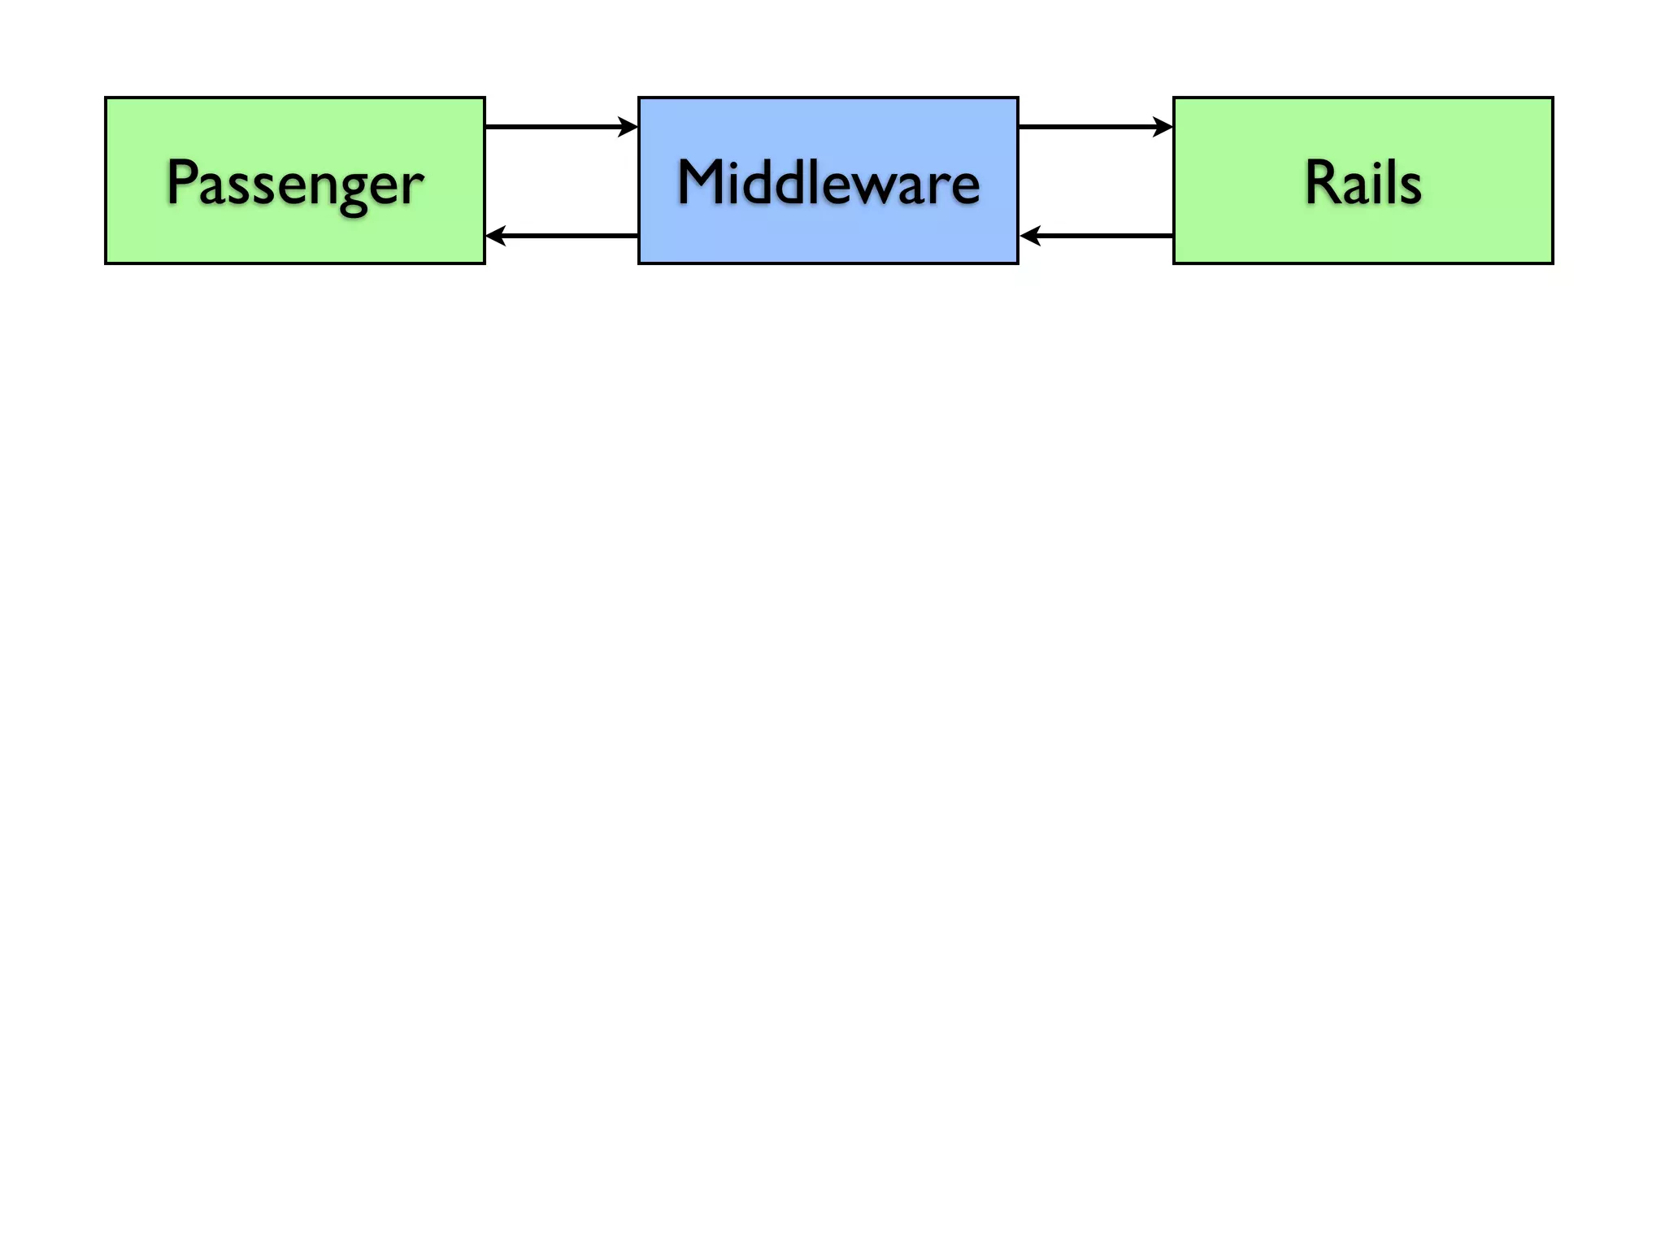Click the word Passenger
(294, 183)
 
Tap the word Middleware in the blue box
(828, 183)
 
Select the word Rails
(1363, 183)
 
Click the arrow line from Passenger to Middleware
(553, 127)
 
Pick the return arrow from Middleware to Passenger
(569, 236)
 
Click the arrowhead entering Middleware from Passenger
(628, 127)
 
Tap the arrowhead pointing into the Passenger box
(495, 236)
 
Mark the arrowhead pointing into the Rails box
(1163, 127)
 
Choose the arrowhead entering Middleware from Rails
(1029, 236)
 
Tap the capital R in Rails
(1322, 182)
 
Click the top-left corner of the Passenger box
(107, 98)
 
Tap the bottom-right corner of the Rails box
(1552, 263)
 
